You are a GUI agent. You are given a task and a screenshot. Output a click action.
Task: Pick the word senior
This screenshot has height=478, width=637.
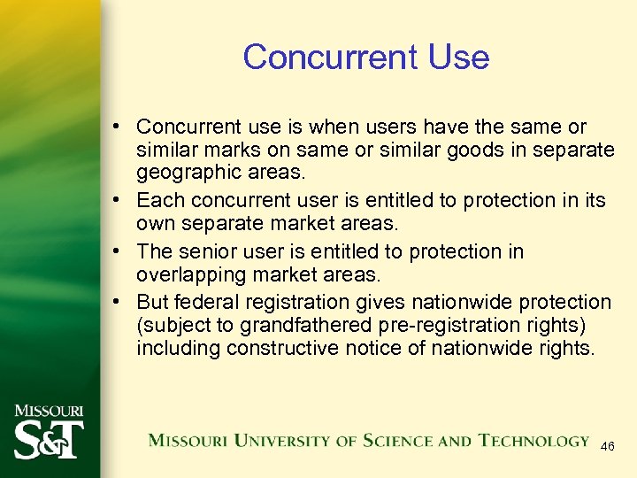[x=213, y=251]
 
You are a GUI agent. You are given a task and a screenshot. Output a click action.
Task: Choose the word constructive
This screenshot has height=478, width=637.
[x=282, y=349]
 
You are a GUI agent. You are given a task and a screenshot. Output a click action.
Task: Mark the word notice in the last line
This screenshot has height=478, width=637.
[x=373, y=349]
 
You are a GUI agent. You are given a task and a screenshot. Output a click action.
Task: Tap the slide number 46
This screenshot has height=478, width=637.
[x=608, y=448]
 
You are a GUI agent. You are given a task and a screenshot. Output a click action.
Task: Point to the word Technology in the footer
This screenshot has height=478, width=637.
[x=534, y=441]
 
